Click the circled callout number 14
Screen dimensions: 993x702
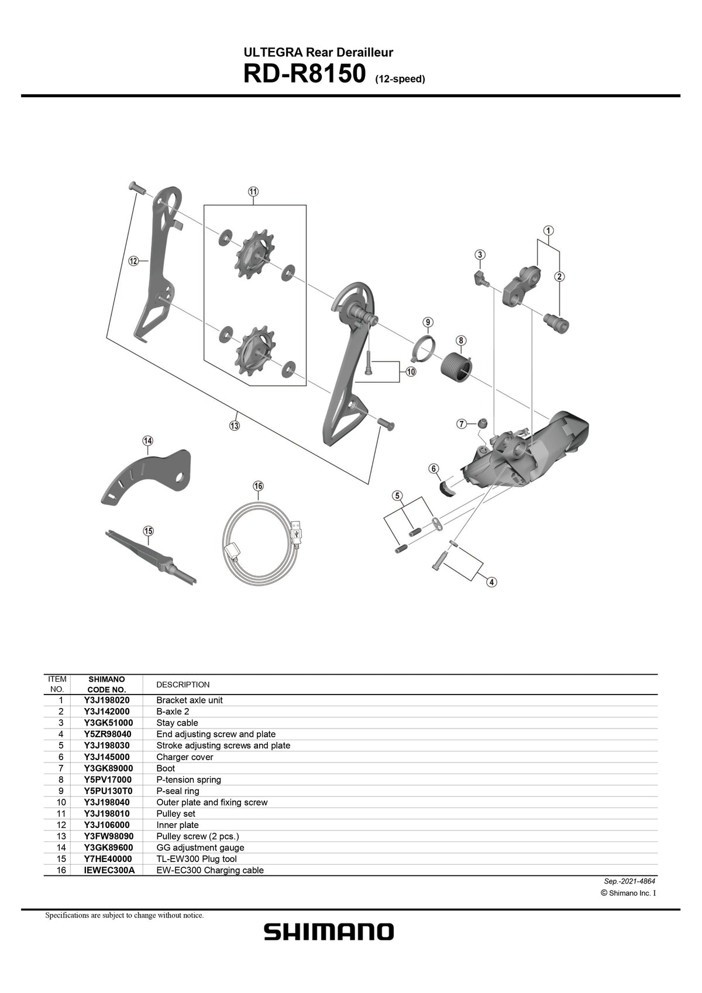(x=147, y=441)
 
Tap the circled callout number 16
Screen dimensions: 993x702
(x=258, y=486)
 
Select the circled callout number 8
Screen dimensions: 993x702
(x=461, y=341)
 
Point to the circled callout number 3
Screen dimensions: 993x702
(x=480, y=255)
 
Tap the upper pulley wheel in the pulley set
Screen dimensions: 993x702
(x=253, y=256)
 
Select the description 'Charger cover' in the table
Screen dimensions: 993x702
(x=185, y=757)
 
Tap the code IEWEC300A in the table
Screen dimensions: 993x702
(x=109, y=870)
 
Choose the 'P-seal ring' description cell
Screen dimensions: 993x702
(x=178, y=791)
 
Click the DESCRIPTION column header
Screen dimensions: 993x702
(x=183, y=685)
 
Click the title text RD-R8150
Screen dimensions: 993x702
(x=305, y=75)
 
